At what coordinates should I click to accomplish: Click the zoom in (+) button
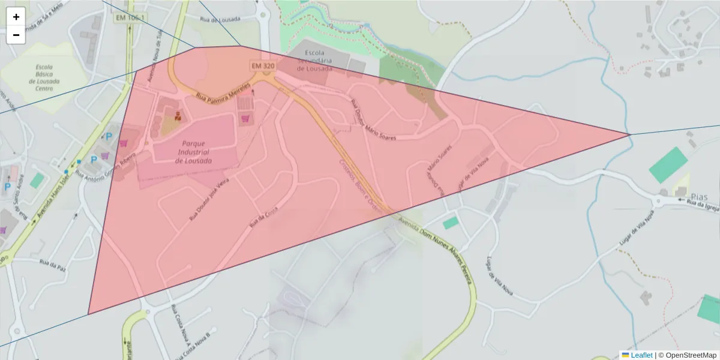pyautogui.click(x=16, y=17)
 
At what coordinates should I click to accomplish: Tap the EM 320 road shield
pyautogui.click(x=262, y=65)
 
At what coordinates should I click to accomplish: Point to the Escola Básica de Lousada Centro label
pyautogui.click(x=44, y=78)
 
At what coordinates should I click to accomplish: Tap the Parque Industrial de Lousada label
pyautogui.click(x=193, y=152)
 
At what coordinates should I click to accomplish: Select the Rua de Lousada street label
pyautogui.click(x=221, y=19)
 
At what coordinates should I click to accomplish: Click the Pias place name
pyautogui.click(x=700, y=197)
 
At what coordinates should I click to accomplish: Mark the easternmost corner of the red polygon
pyautogui.click(x=629, y=135)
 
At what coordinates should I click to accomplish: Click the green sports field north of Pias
pyautogui.click(x=668, y=165)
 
